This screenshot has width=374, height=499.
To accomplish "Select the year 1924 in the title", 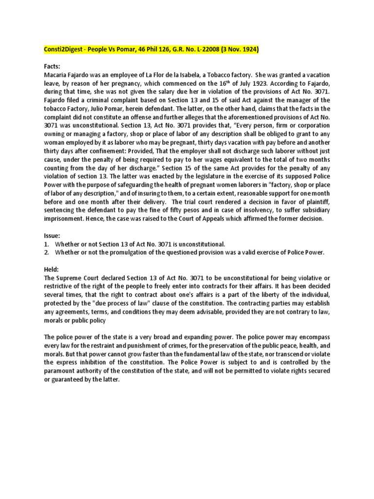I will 246,50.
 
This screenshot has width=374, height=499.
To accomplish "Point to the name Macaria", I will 56,75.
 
